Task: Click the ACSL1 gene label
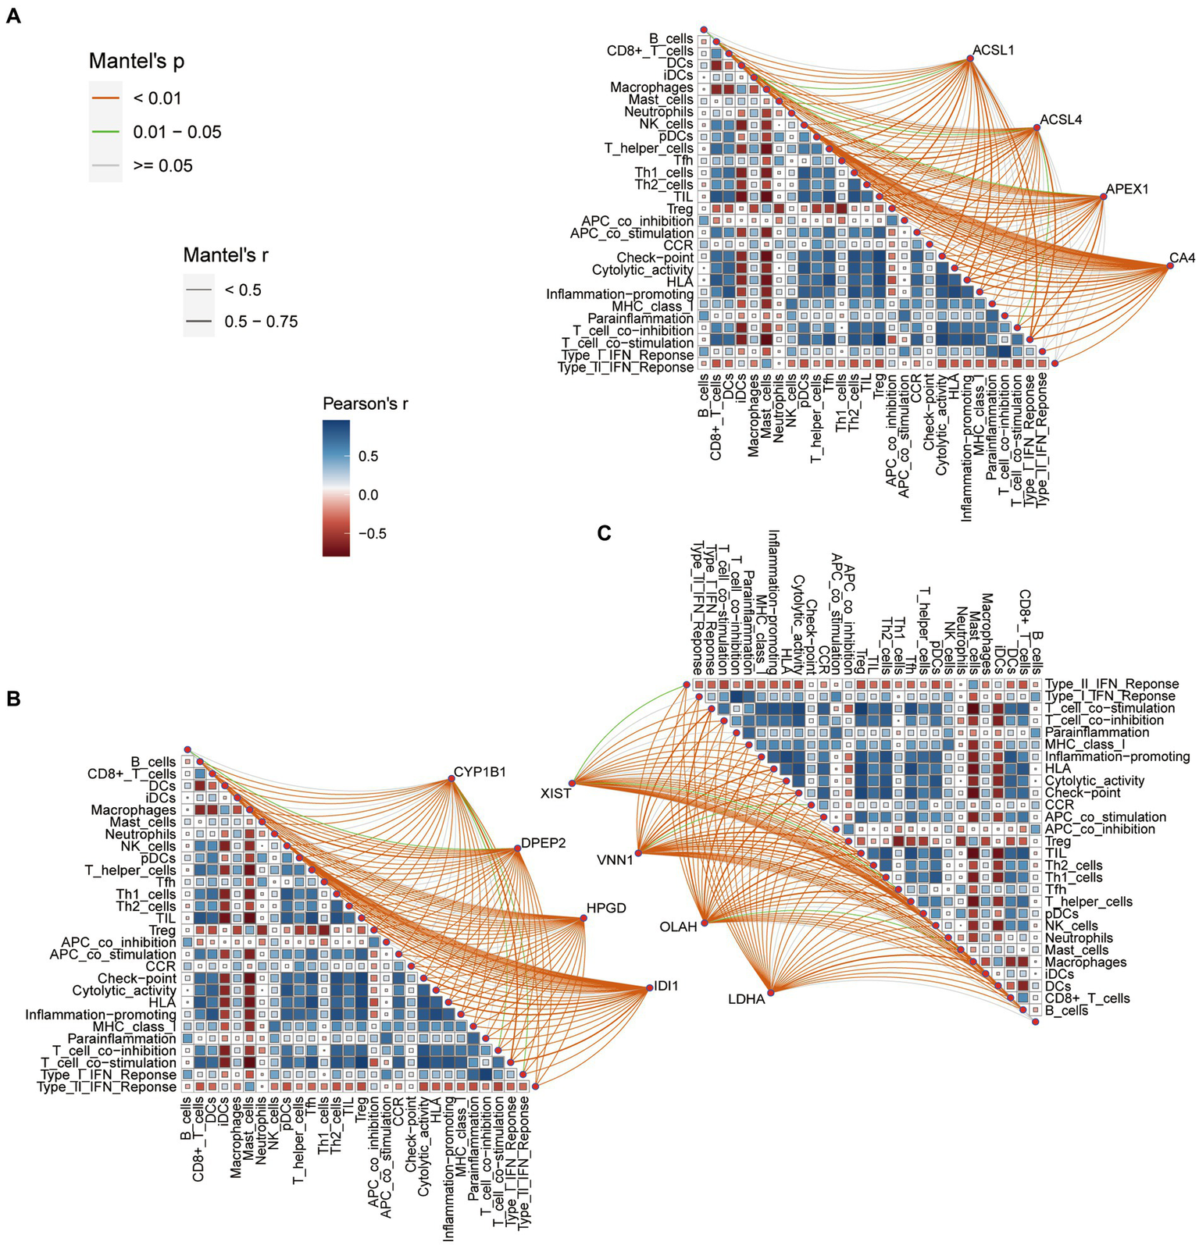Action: click(x=993, y=51)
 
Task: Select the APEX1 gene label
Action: click(x=1127, y=190)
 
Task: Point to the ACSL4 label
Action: click(x=1061, y=120)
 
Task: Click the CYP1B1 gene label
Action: click(x=480, y=772)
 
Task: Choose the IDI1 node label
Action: click(x=666, y=987)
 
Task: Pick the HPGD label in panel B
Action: click(x=606, y=908)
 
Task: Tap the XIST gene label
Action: click(x=555, y=793)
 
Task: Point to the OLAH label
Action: click(x=678, y=927)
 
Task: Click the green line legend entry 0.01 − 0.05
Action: click(x=177, y=132)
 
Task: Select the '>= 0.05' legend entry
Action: click(x=162, y=165)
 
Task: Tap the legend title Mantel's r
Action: click(x=226, y=254)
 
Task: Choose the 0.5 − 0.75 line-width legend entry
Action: click(x=261, y=322)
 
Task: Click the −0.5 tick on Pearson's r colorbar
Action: click(x=372, y=534)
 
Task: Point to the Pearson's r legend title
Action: click(x=365, y=404)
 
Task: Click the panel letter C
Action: click(x=603, y=533)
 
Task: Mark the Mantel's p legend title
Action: click(x=137, y=61)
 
